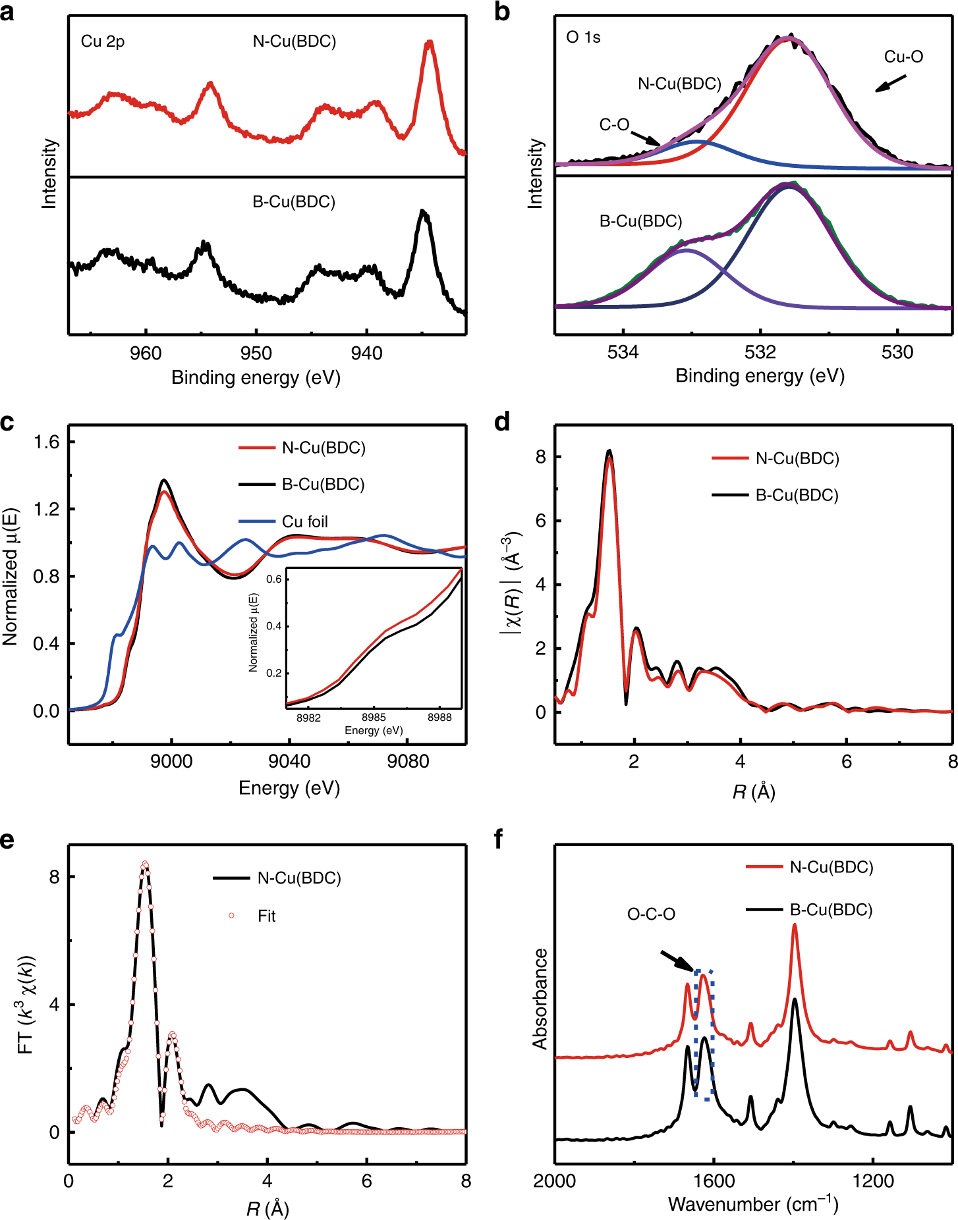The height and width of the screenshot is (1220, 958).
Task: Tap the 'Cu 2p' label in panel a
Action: (102, 41)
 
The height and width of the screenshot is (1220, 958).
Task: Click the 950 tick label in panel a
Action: (256, 354)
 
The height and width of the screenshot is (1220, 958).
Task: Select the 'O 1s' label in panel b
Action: (583, 37)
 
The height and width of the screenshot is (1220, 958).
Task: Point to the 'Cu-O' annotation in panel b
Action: (903, 57)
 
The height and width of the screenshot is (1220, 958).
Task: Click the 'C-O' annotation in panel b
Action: (614, 124)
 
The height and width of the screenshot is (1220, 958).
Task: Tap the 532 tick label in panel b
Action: (760, 352)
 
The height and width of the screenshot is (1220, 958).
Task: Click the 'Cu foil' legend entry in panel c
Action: (304, 521)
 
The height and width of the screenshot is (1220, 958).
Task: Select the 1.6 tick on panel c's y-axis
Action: (46, 442)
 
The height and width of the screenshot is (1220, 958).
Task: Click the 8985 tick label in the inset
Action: (374, 718)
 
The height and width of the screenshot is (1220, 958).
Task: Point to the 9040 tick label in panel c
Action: (289, 762)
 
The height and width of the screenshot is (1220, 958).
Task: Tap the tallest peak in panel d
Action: (609, 451)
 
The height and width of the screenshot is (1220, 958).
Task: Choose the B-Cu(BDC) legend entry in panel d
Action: (797, 495)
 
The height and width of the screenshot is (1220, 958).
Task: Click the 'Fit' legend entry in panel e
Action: (266, 916)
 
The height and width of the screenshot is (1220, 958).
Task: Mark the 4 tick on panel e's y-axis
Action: (54, 1005)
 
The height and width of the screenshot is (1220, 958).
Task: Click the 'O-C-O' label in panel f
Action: (651, 914)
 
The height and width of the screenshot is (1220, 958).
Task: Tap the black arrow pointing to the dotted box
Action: (677, 960)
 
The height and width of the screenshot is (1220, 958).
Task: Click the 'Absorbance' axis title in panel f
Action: (540, 998)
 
